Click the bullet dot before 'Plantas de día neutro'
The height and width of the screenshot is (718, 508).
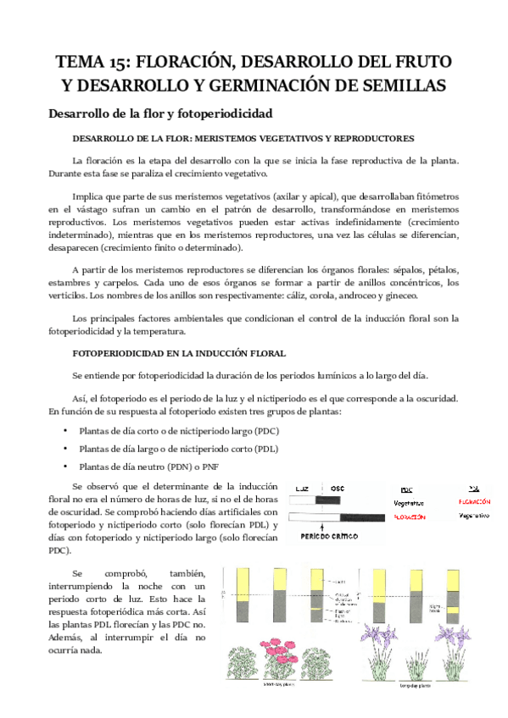tap(65, 467)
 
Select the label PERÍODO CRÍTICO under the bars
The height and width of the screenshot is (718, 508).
tap(327, 537)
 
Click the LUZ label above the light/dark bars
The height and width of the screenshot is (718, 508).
tap(302, 489)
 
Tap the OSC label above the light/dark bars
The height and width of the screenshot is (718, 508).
tap(337, 489)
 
